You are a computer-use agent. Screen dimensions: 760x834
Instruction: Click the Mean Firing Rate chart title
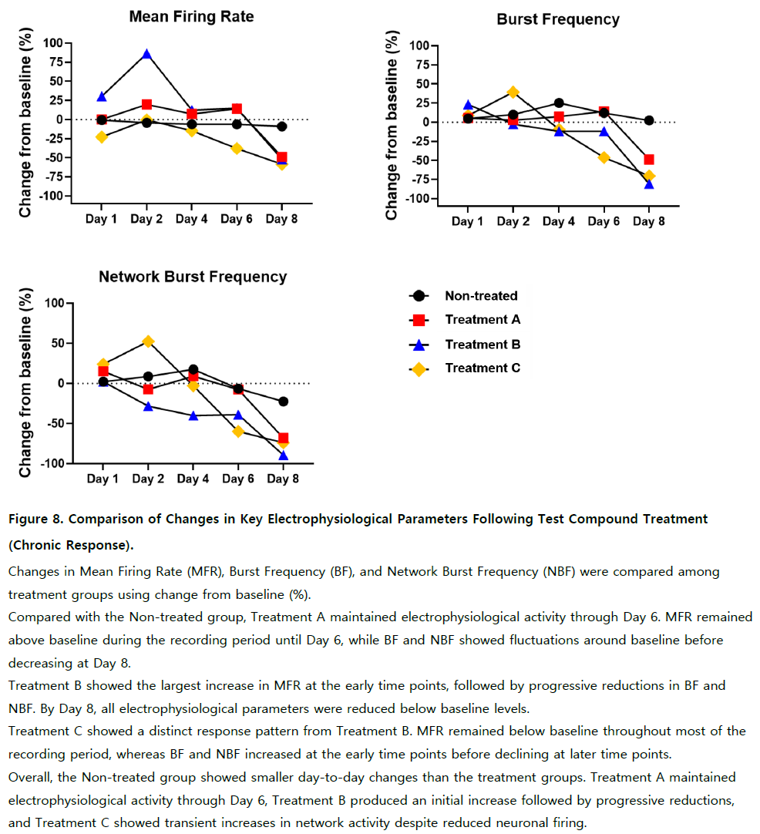191,16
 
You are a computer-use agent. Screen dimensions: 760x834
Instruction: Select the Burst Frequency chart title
558,19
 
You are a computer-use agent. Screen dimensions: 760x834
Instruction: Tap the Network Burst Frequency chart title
193,277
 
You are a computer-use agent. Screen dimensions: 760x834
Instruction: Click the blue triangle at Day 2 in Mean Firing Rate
146,54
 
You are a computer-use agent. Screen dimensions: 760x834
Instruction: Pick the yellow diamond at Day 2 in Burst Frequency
513,92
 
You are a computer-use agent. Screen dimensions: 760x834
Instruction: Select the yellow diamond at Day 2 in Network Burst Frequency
149,341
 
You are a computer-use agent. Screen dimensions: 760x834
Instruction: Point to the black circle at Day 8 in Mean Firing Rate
282,126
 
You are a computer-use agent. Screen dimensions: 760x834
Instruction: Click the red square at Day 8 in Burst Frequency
649,160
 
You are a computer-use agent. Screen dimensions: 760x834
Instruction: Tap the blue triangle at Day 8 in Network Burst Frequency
284,456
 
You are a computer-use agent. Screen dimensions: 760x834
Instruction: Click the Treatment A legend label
483,320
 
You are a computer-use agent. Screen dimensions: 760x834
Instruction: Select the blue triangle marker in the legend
419,345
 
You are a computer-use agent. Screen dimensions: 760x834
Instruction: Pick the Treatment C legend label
483,368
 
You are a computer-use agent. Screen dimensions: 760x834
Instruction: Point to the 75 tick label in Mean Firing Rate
56,62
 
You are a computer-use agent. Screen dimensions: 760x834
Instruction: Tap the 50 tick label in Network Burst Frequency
57,343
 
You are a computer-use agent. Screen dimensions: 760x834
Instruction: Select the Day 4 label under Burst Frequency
558,221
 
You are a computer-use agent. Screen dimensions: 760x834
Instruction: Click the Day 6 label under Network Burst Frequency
237,479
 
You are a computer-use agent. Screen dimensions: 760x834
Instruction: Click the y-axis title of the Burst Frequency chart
392,125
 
